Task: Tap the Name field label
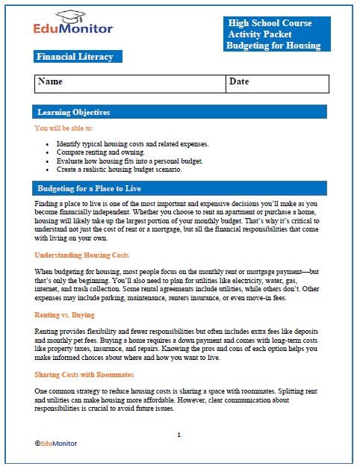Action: pos(50,81)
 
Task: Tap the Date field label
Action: pos(239,81)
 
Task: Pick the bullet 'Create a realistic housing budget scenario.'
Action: pos(119,170)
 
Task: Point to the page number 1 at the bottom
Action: pos(179,434)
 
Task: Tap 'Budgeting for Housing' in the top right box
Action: pos(273,46)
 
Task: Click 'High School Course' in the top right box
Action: pos(270,23)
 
